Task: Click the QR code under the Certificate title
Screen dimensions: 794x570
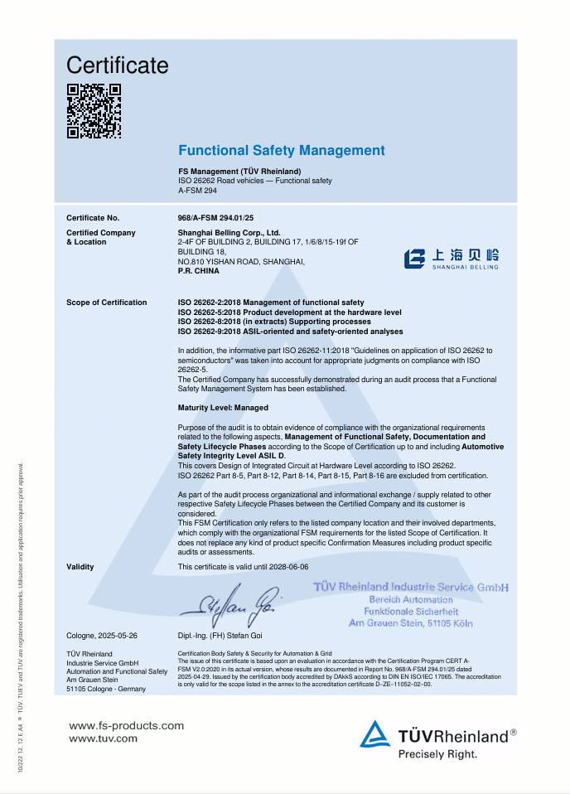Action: tap(94, 111)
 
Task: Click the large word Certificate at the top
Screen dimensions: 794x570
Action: tap(117, 65)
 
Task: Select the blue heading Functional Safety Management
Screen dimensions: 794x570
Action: tap(282, 150)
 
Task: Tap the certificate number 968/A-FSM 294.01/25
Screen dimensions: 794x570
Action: tap(215, 217)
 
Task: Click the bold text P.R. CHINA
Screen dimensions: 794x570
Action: tap(199, 271)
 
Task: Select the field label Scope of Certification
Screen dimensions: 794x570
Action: tap(106, 303)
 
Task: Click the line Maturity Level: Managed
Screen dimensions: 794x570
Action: tap(223, 408)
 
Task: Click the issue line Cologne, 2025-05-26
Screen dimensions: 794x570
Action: tap(102, 636)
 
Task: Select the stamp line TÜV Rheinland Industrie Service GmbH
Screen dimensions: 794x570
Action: tap(411, 588)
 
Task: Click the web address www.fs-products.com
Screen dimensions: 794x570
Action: tap(126, 725)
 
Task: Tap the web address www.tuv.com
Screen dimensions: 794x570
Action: tap(103, 738)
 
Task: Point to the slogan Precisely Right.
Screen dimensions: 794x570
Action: tap(437, 753)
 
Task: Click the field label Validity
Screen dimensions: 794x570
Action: tap(80, 567)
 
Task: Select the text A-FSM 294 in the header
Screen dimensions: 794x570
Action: tap(197, 190)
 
